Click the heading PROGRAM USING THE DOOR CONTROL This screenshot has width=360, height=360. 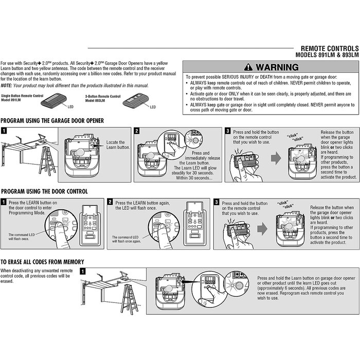[44, 191]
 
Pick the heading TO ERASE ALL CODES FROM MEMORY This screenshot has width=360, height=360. [42, 262]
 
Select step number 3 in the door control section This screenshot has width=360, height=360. [217, 202]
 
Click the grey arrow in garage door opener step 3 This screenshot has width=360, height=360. [276, 158]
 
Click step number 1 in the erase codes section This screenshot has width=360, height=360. [83, 271]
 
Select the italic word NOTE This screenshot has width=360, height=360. [7, 85]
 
